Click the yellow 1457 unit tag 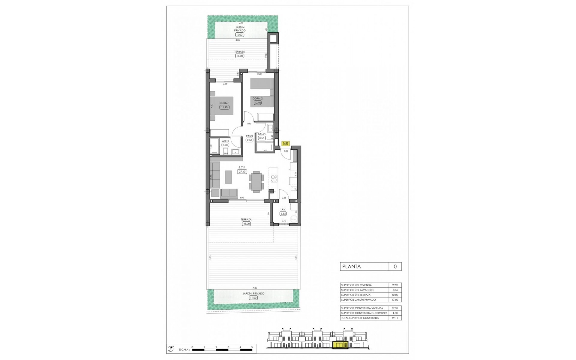pyautogui.click(x=285, y=144)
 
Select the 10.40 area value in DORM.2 pyautogui.click(x=257, y=103)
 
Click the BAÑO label pyautogui.click(x=262, y=134)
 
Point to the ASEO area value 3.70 pyautogui.click(x=225, y=145)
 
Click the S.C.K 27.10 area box pyautogui.click(x=242, y=172)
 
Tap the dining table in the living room pyautogui.click(x=256, y=181)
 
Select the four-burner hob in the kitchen pyautogui.click(x=274, y=178)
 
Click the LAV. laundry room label pyautogui.click(x=283, y=209)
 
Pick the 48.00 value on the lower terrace pyautogui.click(x=246, y=223)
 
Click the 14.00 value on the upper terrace pyautogui.click(x=240, y=56)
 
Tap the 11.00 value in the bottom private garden pyautogui.click(x=253, y=298)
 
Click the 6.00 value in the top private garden pyautogui.click(x=240, y=34)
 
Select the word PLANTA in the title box pyautogui.click(x=352, y=266)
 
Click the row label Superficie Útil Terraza pyautogui.click(x=356, y=295)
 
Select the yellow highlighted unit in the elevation pyautogui.click(x=340, y=346)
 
